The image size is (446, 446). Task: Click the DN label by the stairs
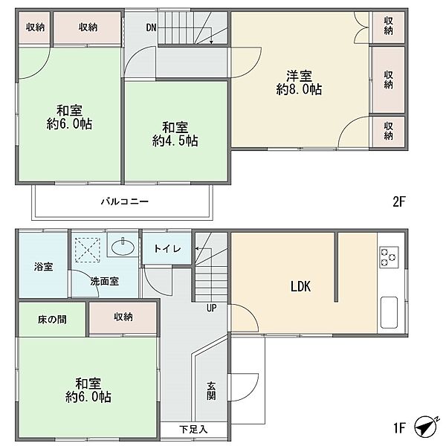(x=152, y=28)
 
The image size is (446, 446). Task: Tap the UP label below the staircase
(x=212, y=308)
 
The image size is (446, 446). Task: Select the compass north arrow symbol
(x=427, y=427)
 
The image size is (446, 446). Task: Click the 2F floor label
(x=398, y=201)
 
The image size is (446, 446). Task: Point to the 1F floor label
(x=399, y=427)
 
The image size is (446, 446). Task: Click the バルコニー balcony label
(x=125, y=201)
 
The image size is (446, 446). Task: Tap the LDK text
(x=300, y=286)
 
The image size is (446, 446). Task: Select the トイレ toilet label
(x=167, y=249)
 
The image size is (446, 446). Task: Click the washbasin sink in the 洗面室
(x=123, y=246)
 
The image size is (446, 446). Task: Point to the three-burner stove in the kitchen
(x=389, y=257)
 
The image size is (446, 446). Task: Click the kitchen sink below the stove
(x=389, y=312)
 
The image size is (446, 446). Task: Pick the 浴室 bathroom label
(x=44, y=267)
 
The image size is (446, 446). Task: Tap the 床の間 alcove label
(x=52, y=320)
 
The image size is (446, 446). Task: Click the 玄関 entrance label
(x=211, y=391)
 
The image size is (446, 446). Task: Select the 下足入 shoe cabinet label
(x=193, y=429)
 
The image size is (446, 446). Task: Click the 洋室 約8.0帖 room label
(x=300, y=83)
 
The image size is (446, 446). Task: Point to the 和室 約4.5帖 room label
(x=175, y=135)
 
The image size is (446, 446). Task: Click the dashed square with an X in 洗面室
(x=87, y=250)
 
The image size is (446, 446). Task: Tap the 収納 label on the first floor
(x=123, y=317)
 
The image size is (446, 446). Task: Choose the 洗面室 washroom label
(x=105, y=281)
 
